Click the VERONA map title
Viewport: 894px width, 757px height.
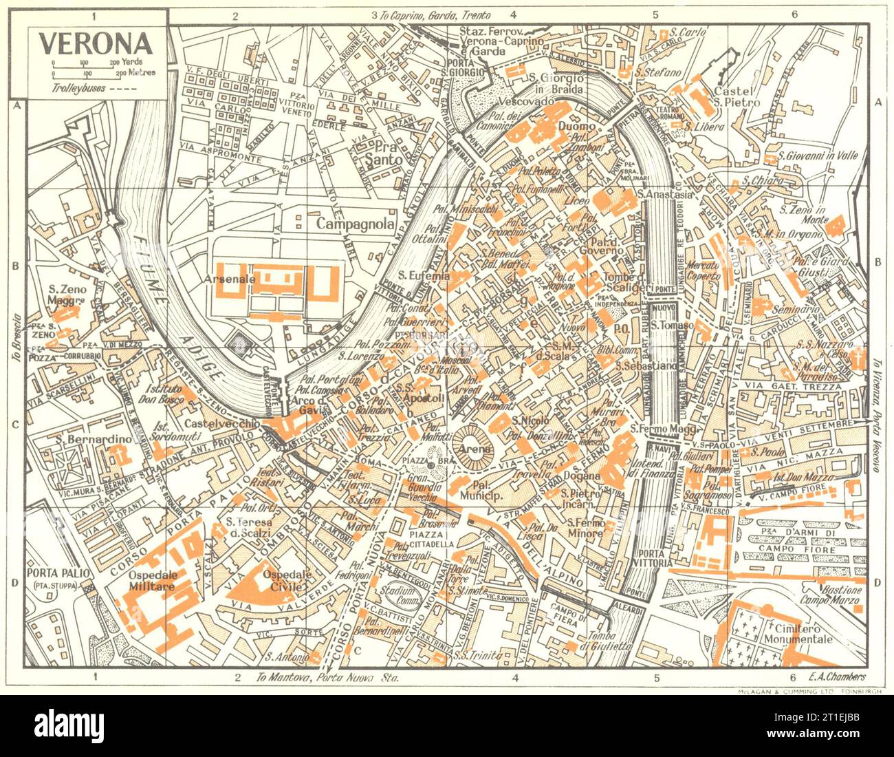(96, 43)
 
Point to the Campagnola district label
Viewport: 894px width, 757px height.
(355, 224)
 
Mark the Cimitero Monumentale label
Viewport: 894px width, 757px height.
(803, 633)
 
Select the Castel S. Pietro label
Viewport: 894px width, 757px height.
(736, 96)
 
